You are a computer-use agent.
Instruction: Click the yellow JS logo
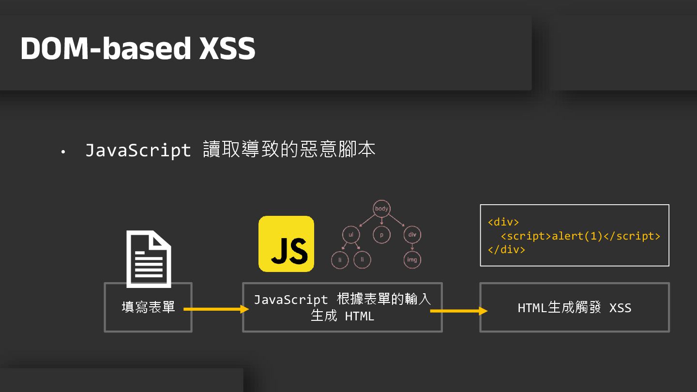tap(286, 243)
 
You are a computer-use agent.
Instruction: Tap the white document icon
tap(149, 259)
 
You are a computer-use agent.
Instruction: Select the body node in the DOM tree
tap(381, 209)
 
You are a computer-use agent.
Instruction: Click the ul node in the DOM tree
tap(351, 235)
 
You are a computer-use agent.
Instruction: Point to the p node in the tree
tap(381, 235)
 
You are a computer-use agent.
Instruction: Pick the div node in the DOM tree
tap(412, 235)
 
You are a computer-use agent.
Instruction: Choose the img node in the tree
tap(412, 260)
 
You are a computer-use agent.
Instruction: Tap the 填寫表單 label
tap(148, 307)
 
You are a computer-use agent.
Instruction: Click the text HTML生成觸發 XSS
tap(575, 308)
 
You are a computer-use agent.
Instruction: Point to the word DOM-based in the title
tap(106, 48)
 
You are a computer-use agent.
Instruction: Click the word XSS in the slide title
tap(227, 48)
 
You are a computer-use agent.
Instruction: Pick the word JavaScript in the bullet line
tap(138, 150)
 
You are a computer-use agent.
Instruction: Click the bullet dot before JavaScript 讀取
tap(62, 152)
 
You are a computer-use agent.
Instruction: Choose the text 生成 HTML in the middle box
tap(342, 316)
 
